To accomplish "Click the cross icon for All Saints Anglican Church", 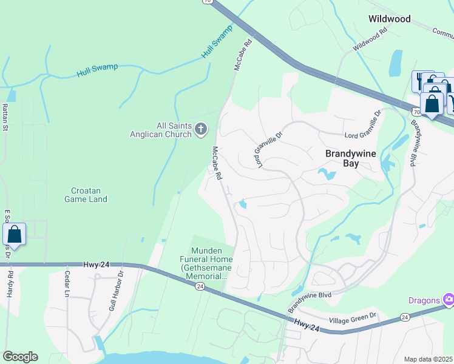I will (x=202, y=129).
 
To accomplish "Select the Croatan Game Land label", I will (x=86, y=194).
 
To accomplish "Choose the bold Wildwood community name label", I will (x=389, y=19).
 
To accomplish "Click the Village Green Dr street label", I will (x=353, y=318).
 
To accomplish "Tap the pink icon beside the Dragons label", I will (x=448, y=298).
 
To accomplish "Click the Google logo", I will (x=20, y=357).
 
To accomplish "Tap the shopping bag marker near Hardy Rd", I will (x=15, y=235).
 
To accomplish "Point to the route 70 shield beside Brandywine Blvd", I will (x=415, y=112).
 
